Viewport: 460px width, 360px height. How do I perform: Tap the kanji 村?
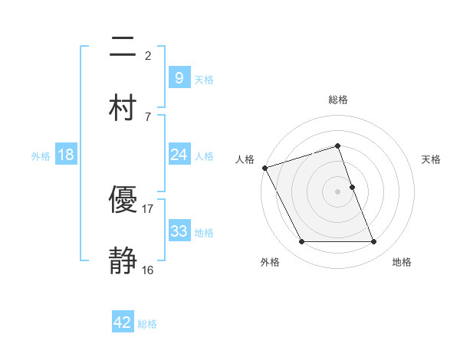pos(123,106)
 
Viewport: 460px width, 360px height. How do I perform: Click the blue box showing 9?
pos(179,77)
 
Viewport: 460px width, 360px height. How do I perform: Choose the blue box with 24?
pos(179,155)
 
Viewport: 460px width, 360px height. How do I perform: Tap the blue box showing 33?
pos(179,231)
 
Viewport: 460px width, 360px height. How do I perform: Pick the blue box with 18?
pos(66,155)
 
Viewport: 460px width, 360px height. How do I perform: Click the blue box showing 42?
pos(123,322)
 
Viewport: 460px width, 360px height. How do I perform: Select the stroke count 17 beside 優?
pos(148,208)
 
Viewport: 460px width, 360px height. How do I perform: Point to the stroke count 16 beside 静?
pos(148,269)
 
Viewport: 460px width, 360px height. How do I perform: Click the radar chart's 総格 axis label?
pos(338,100)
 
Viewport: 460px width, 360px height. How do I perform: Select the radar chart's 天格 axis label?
pos(431,159)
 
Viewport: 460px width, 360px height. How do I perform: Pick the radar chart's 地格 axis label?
pos(402,262)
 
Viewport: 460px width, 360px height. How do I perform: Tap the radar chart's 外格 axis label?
pos(270,262)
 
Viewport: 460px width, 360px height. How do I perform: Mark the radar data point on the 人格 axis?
pos(265,168)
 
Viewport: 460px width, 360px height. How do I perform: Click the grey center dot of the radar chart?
pos(338,191)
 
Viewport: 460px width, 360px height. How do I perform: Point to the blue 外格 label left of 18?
pos(41,155)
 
